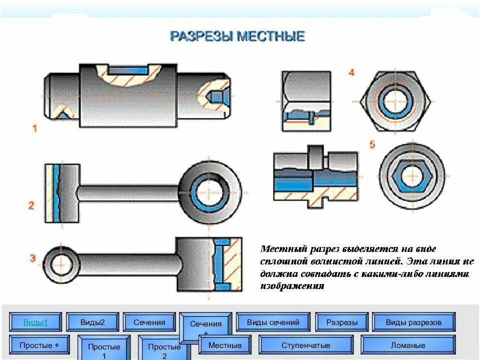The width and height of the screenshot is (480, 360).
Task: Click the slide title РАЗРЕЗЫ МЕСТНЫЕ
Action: tap(237, 36)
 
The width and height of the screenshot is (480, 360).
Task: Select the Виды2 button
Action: tap(92, 322)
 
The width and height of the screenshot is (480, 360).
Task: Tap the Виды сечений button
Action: tap(273, 322)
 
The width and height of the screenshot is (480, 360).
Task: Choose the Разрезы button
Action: tap(342, 322)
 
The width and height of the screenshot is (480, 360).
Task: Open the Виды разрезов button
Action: tap(413, 322)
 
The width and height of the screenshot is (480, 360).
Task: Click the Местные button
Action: tap(225, 345)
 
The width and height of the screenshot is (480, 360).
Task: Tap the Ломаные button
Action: tap(408, 345)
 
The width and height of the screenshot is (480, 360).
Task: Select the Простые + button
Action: tap(39, 345)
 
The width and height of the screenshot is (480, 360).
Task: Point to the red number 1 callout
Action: tap(34, 128)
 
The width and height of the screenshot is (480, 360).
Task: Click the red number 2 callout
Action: tap(31, 205)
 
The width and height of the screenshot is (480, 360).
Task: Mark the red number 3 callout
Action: tap(32, 258)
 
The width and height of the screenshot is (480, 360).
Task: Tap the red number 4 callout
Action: tap(351, 72)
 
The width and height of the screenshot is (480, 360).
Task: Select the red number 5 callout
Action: tap(372, 144)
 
